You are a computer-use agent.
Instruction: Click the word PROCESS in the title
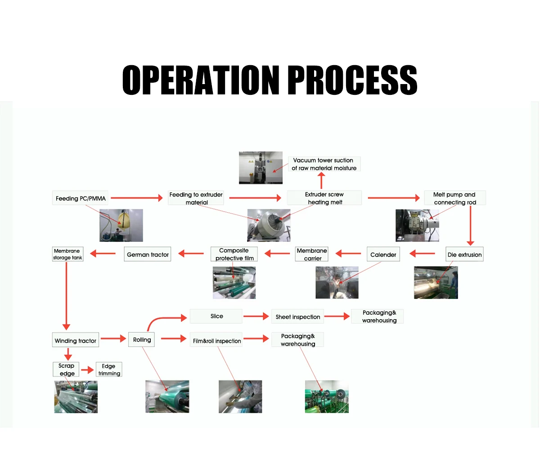coord(352,80)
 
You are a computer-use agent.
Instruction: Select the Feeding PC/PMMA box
coord(81,198)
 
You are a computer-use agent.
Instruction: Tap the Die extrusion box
coord(464,254)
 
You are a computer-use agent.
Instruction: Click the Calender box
coord(383,254)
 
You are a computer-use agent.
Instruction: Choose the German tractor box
coord(148,254)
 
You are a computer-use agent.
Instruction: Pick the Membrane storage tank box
coord(67,254)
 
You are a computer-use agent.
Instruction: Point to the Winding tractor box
coord(75,341)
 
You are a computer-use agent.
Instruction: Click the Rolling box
coord(142,340)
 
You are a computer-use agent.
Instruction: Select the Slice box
coord(216,316)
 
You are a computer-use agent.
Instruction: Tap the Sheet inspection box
coord(298,317)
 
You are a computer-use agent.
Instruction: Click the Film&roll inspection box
coord(217,341)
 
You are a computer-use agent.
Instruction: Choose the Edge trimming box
coord(109,370)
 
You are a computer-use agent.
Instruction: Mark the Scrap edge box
coord(67,370)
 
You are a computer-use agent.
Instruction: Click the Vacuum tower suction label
coord(324,164)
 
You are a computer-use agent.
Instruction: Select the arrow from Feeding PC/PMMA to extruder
coord(137,198)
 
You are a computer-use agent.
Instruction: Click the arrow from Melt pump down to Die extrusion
coord(470,225)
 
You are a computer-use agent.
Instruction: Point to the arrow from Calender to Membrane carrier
coord(348,254)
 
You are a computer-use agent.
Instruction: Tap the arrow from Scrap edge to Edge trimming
coord(88,370)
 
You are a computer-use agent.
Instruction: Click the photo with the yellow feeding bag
coord(121,225)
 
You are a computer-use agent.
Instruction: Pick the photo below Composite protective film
coord(234,283)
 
